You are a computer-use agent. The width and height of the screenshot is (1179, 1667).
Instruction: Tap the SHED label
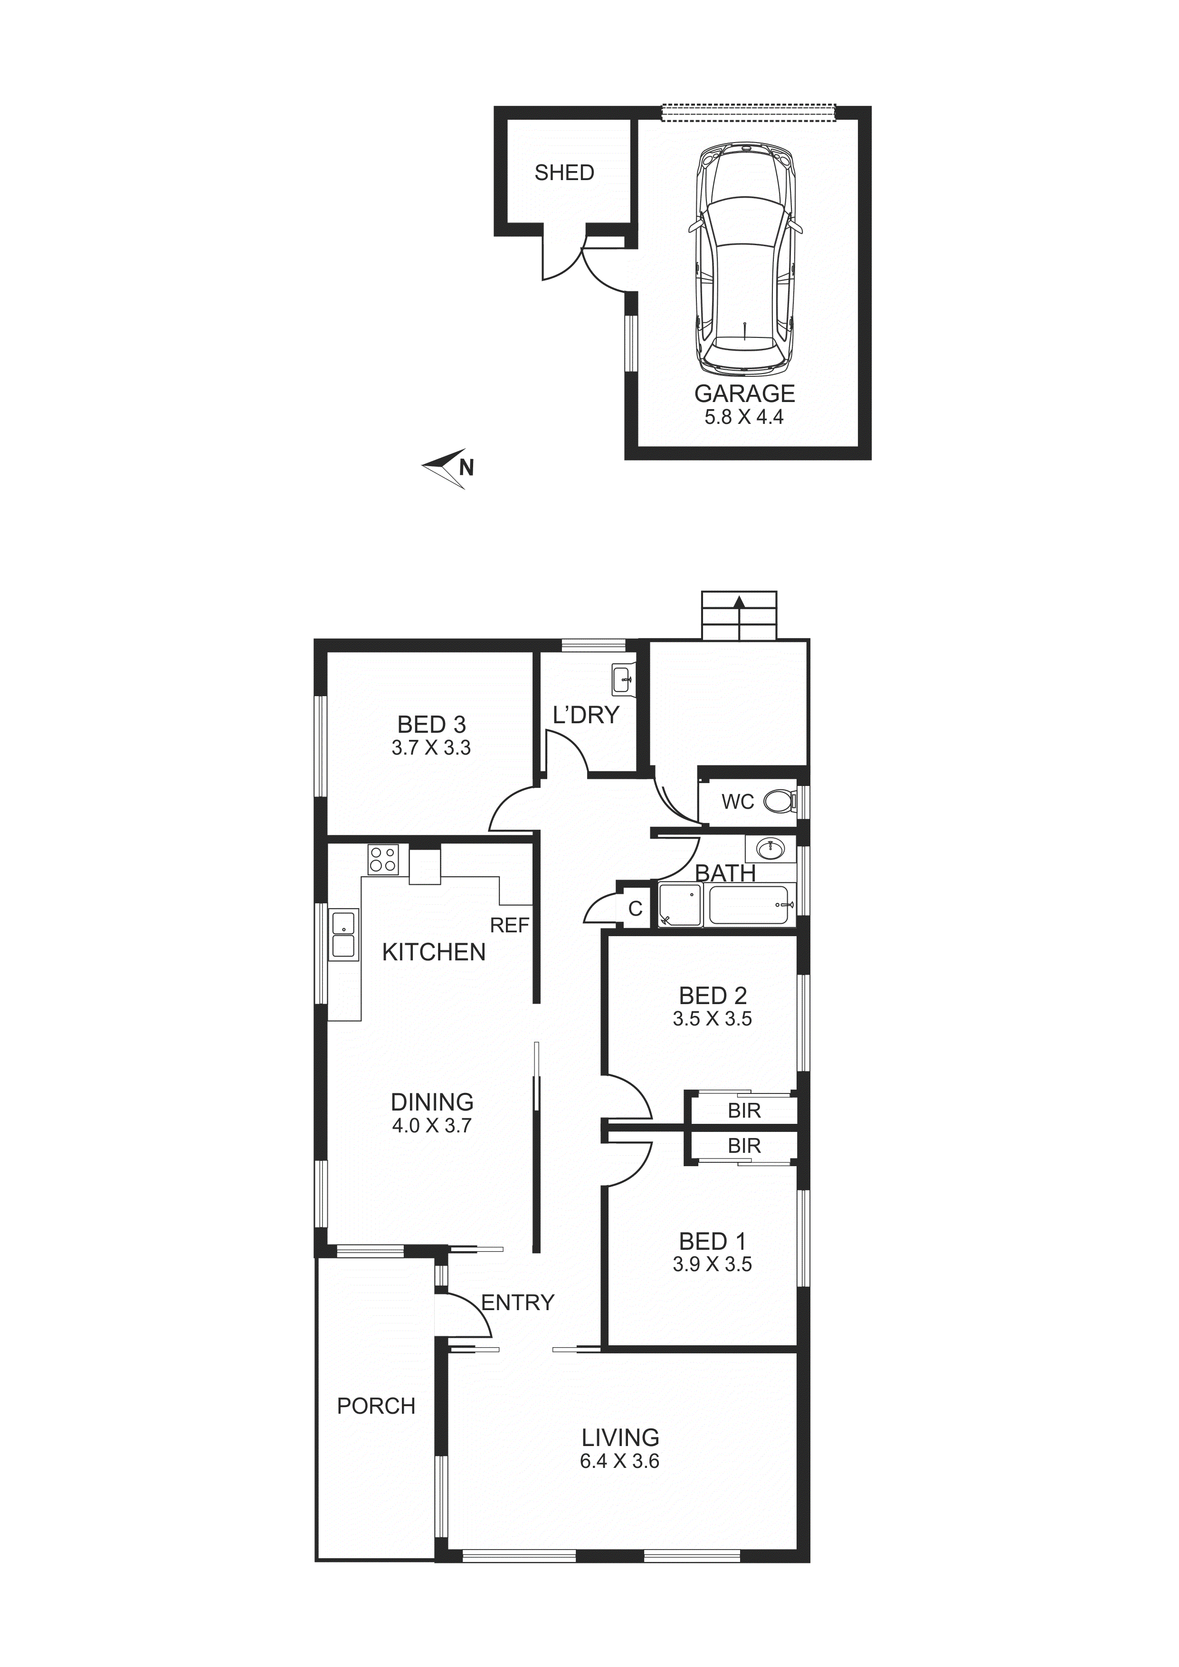coord(564,173)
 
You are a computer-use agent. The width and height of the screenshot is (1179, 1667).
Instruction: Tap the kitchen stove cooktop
coord(382,860)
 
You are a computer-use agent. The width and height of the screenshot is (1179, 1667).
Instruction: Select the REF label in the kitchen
coord(510,925)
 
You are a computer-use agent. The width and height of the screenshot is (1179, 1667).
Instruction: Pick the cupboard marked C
coord(635,908)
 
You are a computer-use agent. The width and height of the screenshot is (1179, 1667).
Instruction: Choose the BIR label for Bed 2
coord(744,1111)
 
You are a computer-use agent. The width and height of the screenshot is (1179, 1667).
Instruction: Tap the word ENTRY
coord(518,1303)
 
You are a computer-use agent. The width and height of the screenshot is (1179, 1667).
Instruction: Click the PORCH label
coord(376,1406)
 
